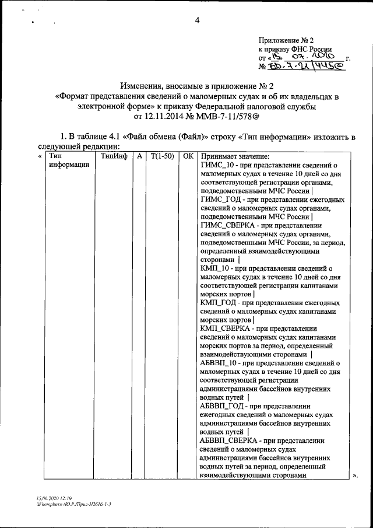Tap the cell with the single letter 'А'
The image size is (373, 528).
tap(140, 156)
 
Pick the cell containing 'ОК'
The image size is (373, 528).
tap(187, 156)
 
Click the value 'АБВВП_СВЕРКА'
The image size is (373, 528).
tap(228, 440)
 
